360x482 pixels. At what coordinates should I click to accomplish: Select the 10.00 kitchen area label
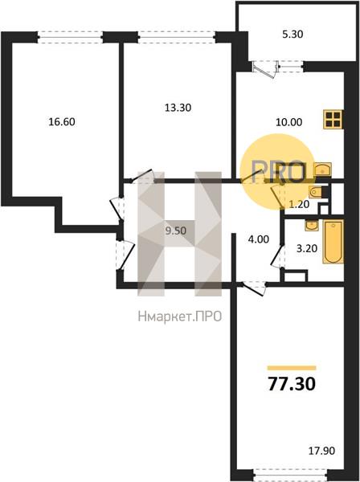coord(266,123)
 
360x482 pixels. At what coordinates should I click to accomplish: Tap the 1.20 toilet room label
coord(300,204)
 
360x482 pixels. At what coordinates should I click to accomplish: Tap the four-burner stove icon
coord(332,120)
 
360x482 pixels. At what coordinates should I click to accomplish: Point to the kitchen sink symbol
coord(321,169)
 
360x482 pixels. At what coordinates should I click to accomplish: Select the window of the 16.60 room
coord(70,35)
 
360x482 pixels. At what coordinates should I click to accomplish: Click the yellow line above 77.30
coord(291,366)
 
